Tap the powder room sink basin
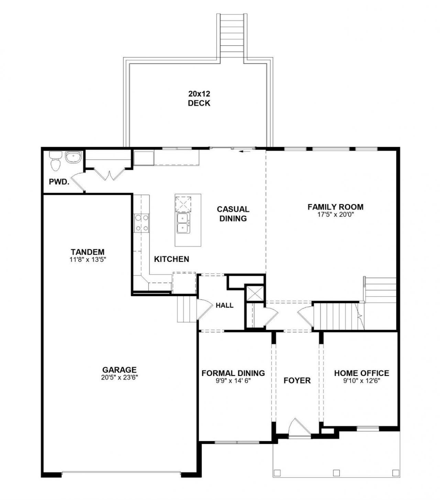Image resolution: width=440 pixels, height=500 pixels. click(73, 157)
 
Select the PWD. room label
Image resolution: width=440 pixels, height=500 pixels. click(59, 182)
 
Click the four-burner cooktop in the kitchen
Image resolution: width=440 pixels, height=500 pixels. click(142, 223)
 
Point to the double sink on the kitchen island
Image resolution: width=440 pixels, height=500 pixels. click(183, 223)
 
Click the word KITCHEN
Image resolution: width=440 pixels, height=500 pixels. click(172, 259)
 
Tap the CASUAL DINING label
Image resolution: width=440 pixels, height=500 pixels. click(233, 214)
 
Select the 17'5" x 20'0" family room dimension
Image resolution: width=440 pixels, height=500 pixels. click(335, 214)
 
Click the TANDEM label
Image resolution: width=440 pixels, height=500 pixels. click(88, 252)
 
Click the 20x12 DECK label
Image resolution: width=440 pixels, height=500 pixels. click(199, 98)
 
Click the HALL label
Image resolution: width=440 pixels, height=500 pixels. click(224, 305)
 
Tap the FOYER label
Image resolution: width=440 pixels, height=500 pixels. click(297, 380)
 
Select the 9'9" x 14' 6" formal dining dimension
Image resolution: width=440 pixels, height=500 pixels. click(233, 381)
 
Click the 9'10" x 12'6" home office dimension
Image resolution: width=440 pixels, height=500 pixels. click(362, 381)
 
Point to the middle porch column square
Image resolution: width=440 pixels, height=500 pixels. click(336, 473)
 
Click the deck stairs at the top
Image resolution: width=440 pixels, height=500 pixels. click(232, 37)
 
